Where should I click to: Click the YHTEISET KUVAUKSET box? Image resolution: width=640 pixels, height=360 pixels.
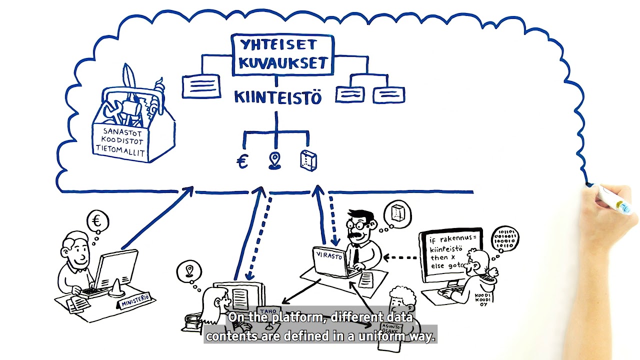click(x=282, y=54)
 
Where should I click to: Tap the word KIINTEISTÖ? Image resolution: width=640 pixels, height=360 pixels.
click(x=277, y=97)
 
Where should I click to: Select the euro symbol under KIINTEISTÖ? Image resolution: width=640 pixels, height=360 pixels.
click(x=242, y=161)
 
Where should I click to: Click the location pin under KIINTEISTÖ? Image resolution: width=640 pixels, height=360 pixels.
click(x=274, y=160)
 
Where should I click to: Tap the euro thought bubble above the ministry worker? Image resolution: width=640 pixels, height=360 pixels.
click(x=97, y=220)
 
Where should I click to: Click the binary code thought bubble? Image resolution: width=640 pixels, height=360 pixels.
click(x=505, y=239)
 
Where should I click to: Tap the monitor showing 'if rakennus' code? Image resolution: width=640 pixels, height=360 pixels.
click(x=450, y=255)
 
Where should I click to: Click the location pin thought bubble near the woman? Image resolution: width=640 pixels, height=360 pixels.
click(x=189, y=271)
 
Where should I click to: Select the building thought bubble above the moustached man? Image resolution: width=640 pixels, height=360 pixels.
click(x=397, y=213)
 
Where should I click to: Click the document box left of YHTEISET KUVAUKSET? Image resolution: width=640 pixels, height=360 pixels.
click(x=201, y=86)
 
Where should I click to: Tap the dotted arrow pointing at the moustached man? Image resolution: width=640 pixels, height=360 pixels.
click(x=400, y=258)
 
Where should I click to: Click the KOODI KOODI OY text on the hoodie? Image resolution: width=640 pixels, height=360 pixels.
click(x=482, y=299)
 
